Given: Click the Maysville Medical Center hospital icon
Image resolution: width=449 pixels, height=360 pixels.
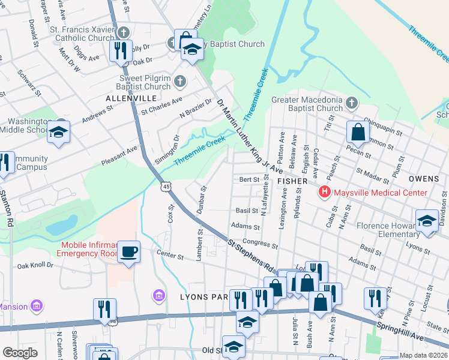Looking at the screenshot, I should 325,193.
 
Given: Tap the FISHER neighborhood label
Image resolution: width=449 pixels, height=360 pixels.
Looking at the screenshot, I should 292,180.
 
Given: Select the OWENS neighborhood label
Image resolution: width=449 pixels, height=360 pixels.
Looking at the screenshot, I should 424,179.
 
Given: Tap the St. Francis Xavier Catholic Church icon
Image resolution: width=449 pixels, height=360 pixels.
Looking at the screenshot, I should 124,32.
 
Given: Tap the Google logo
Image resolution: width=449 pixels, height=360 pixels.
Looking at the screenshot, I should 20,352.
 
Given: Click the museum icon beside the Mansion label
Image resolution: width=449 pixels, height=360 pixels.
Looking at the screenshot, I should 37,307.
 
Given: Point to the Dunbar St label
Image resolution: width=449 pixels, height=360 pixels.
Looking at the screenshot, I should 201,200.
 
